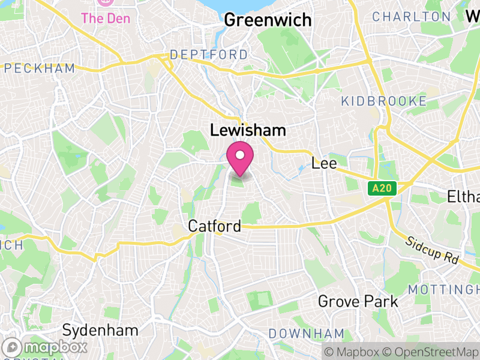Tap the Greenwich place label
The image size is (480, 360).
(x=268, y=20)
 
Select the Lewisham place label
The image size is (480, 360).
(x=247, y=130)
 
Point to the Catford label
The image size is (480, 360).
(x=214, y=226)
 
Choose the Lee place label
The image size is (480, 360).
(x=324, y=163)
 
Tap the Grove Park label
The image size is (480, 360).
(x=358, y=301)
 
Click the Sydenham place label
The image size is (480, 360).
(x=100, y=330)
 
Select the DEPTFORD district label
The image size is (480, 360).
(x=208, y=55)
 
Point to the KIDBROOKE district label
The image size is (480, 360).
(x=383, y=101)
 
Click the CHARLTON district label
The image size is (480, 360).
(x=411, y=17)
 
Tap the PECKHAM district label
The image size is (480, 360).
(x=38, y=68)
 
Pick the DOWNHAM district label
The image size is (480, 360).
(x=306, y=334)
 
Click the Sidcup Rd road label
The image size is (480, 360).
(x=432, y=251)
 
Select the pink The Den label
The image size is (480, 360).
(x=106, y=18)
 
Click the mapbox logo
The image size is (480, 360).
(x=46, y=347)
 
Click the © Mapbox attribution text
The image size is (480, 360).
(x=352, y=352)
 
